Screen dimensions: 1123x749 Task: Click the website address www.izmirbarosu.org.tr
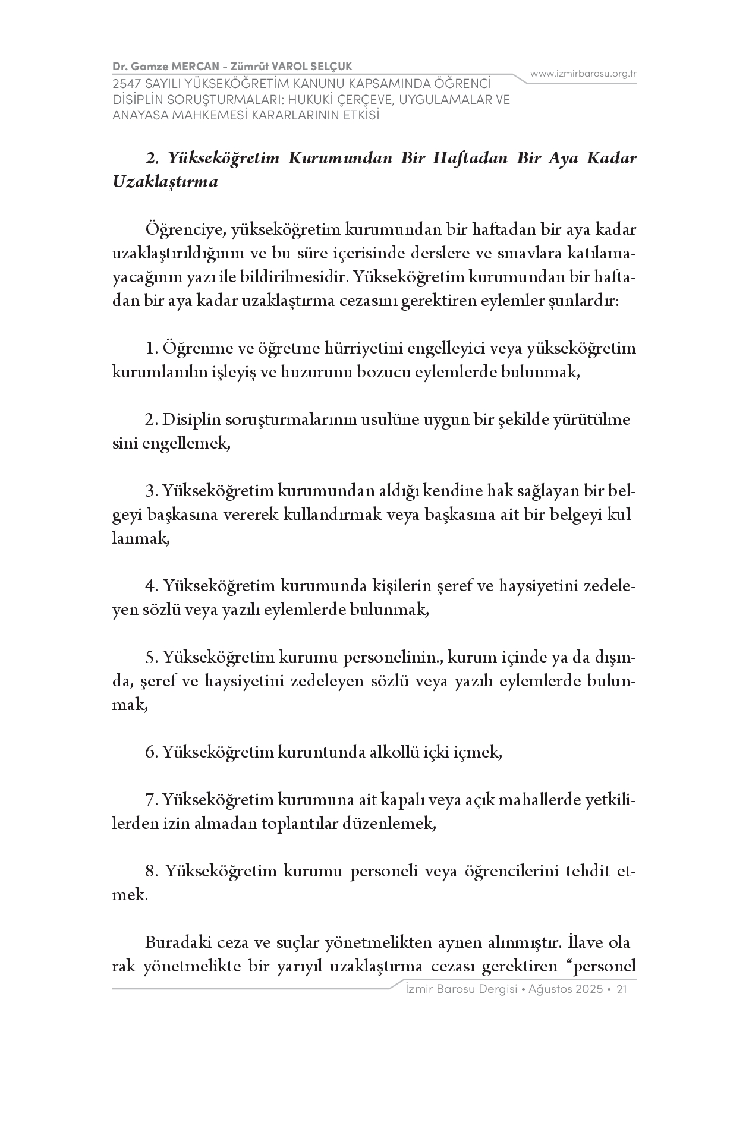point(583,74)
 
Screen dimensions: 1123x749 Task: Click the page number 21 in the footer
point(623,989)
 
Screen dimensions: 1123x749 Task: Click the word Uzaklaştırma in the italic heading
point(165,182)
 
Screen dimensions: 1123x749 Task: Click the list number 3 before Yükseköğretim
point(150,491)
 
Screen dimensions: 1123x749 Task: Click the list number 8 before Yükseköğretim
point(151,871)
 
